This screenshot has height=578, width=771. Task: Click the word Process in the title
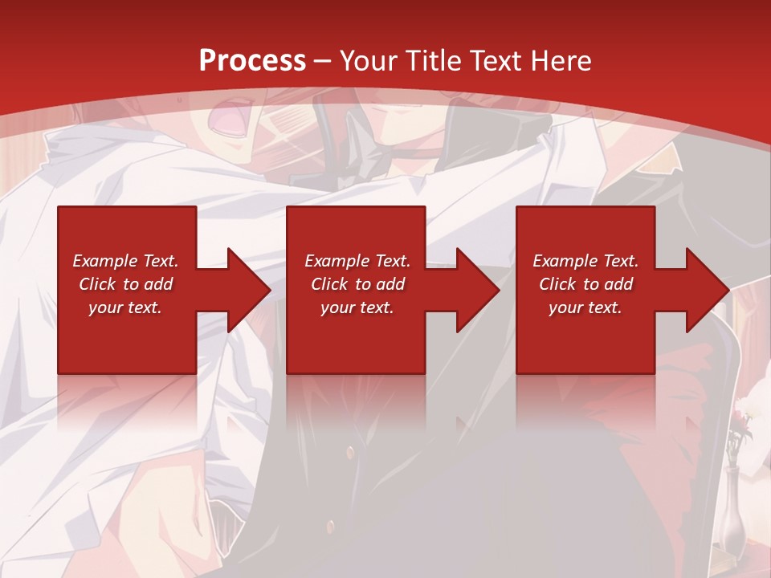click(252, 61)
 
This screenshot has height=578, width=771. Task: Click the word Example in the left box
click(103, 261)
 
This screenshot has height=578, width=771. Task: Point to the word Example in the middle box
click(335, 261)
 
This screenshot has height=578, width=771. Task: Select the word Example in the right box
click(563, 261)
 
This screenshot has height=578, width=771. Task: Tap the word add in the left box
click(159, 284)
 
